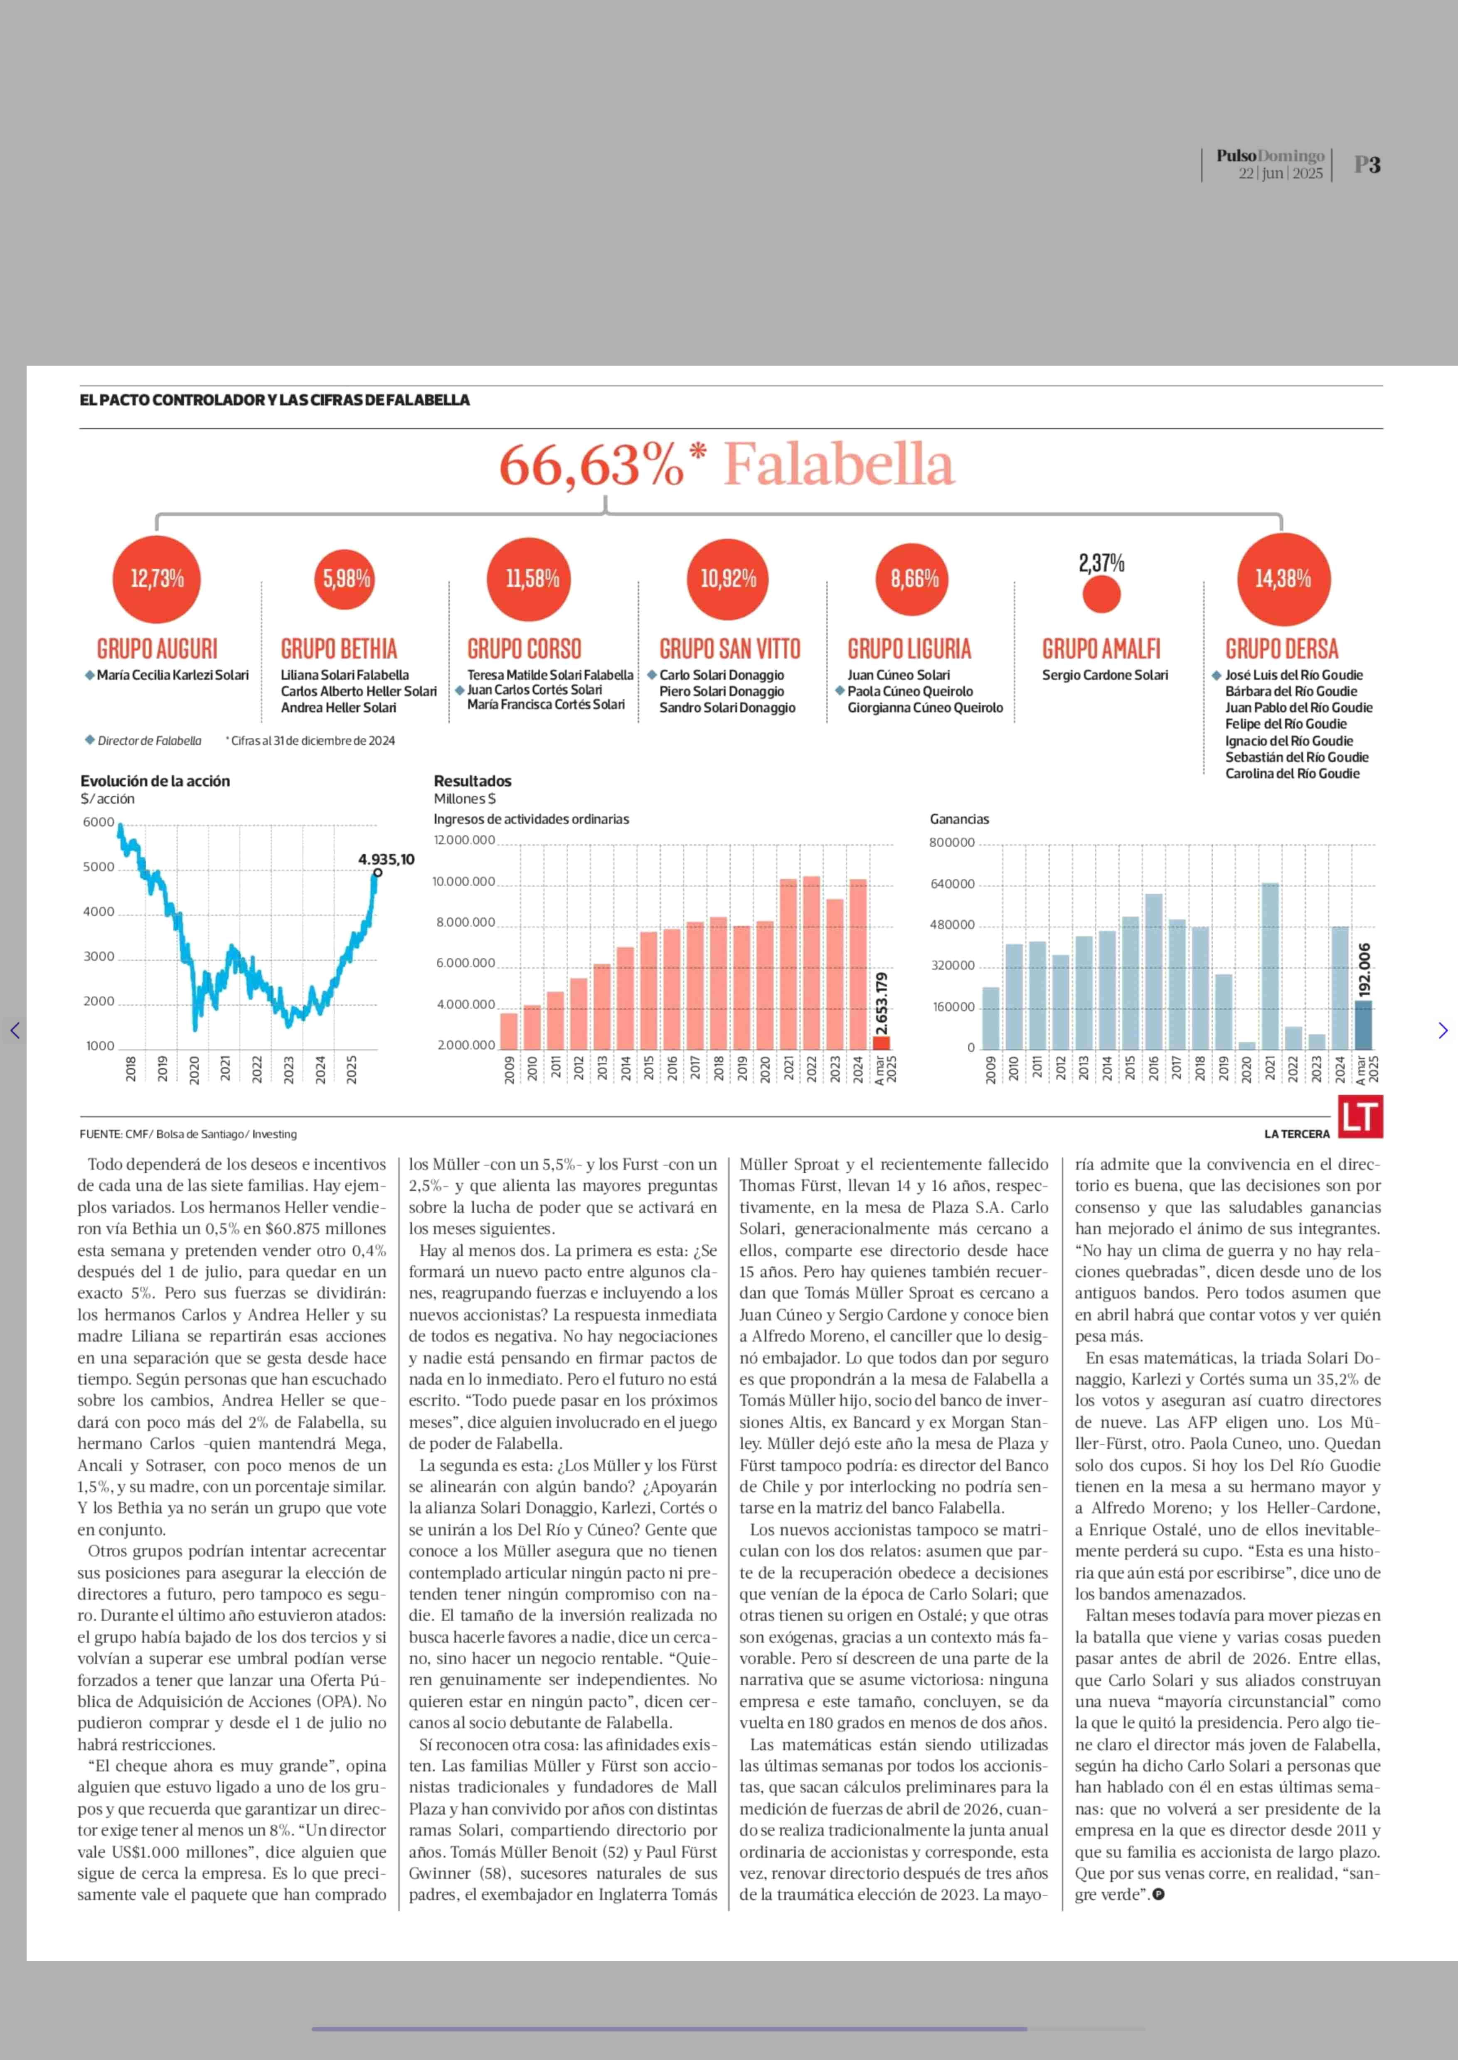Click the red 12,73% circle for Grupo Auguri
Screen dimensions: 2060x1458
pos(157,579)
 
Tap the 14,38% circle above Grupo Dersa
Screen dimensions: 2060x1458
pos(1283,579)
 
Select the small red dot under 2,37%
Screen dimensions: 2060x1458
pos(1101,594)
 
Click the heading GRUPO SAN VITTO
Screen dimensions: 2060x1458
pos(729,649)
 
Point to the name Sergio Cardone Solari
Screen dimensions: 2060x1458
pos(1105,675)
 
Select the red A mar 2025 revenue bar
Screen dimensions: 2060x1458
pos(882,1042)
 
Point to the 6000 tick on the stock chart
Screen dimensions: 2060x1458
pos(99,822)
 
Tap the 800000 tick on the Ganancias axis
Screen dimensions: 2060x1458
pos(952,843)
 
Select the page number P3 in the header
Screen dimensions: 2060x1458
pos(1367,165)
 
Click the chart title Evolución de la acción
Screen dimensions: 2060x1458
pos(155,781)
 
